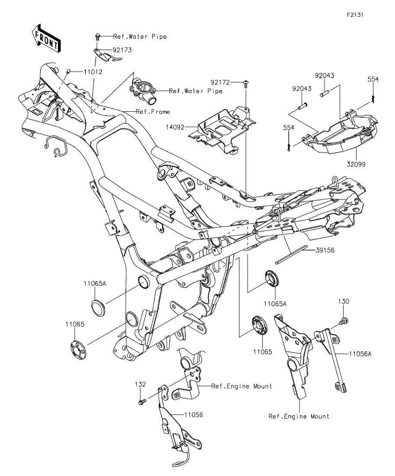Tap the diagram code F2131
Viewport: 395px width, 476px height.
click(356, 14)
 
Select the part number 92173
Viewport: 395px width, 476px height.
click(122, 50)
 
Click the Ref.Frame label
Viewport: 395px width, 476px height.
click(153, 112)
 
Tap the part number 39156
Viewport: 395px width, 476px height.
click(325, 250)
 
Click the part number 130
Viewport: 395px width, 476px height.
click(344, 301)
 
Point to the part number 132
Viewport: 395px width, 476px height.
click(140, 384)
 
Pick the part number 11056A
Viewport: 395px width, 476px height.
click(360, 353)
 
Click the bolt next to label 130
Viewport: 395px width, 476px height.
click(345, 321)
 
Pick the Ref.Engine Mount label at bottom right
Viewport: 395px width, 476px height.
click(299, 416)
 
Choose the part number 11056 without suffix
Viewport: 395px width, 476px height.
click(193, 415)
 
